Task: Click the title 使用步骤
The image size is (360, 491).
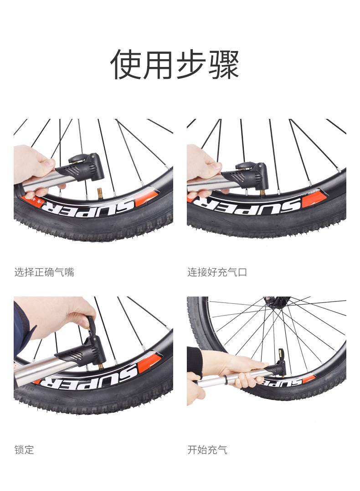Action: [175, 65]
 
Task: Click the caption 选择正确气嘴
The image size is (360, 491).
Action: [44, 272]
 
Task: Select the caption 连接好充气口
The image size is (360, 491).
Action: [217, 272]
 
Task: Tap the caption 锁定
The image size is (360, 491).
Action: [24, 450]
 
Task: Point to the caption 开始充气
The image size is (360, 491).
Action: [207, 450]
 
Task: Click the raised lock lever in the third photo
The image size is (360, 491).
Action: [91, 325]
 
